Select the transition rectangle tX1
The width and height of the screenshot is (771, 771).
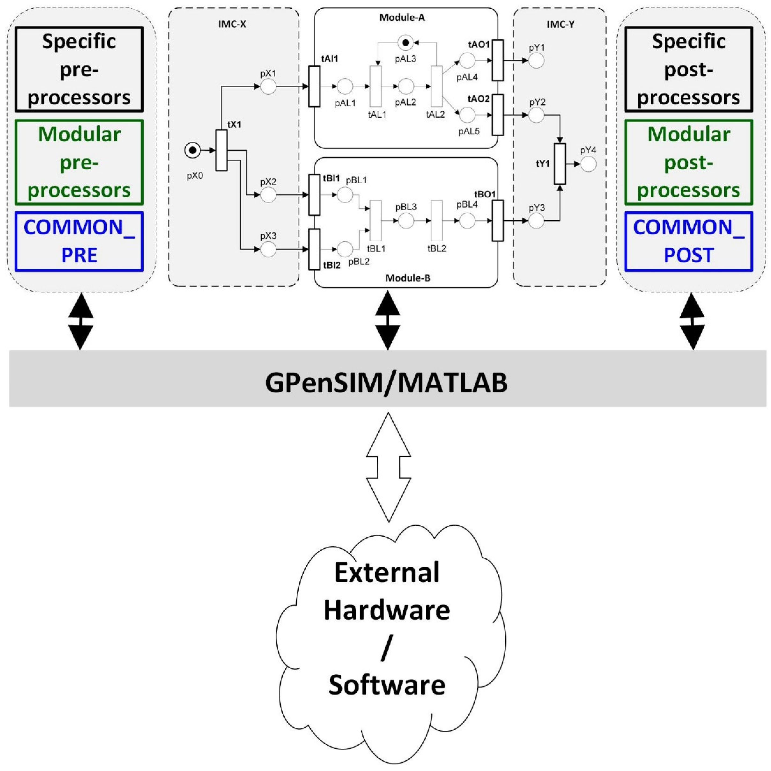(x=221, y=150)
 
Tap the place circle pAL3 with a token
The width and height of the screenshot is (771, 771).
(x=405, y=42)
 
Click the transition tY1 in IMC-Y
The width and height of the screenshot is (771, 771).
(x=560, y=164)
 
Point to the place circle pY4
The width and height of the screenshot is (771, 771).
(x=588, y=164)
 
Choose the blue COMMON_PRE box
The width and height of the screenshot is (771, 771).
(x=79, y=241)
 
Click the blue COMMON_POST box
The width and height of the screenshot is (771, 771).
(x=688, y=241)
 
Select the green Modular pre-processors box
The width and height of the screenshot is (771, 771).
(x=79, y=163)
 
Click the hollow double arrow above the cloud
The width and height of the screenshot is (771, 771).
(x=388, y=467)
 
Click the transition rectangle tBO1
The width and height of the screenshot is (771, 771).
(x=498, y=221)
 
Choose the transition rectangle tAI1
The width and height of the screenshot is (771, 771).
(x=315, y=86)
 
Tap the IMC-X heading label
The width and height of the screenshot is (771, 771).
(x=232, y=24)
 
